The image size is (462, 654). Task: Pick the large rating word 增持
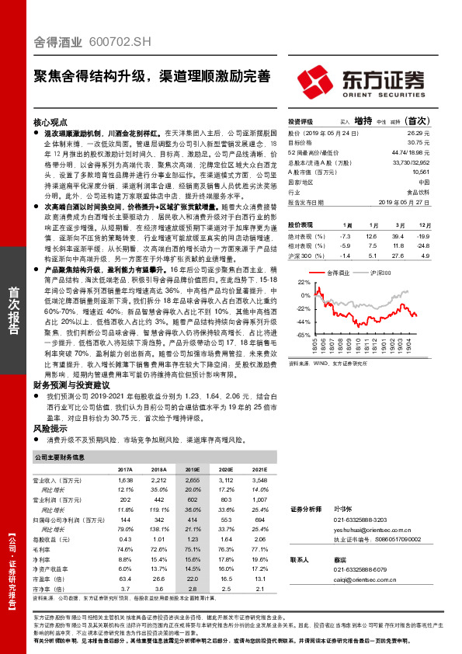pyautogui.click(x=362, y=122)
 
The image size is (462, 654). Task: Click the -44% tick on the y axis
pyautogui.click(x=302, y=321)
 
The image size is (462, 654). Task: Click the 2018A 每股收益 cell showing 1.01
pyautogui.click(x=159, y=538)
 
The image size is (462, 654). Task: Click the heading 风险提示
pyautogui.click(x=47, y=428)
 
